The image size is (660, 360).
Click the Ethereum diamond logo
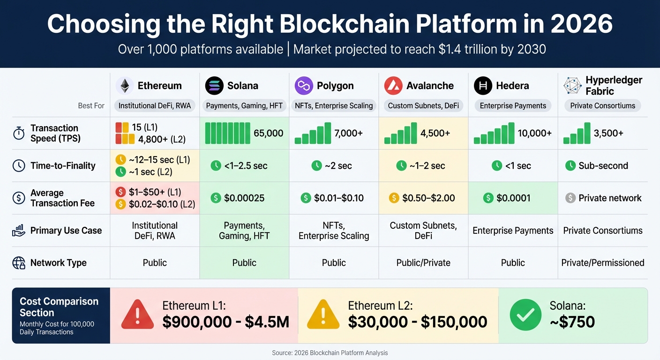click(x=125, y=86)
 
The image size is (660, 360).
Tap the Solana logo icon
click(x=214, y=86)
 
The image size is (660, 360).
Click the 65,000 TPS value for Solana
click(x=268, y=133)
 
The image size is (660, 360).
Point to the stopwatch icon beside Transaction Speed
click(x=19, y=134)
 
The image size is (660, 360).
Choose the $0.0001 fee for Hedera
click(x=513, y=198)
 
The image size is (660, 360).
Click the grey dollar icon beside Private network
click(x=570, y=198)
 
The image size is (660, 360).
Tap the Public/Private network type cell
click(x=423, y=263)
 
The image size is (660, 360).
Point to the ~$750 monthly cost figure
click(x=572, y=322)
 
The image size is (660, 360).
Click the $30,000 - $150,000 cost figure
click(x=418, y=322)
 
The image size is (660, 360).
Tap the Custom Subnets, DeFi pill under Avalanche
click(x=423, y=106)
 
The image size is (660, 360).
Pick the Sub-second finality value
click(x=603, y=165)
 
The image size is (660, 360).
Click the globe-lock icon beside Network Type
click(x=19, y=263)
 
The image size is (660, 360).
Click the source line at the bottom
click(x=330, y=352)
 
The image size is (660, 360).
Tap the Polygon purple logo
click(x=304, y=86)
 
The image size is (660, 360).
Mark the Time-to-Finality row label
click(x=63, y=165)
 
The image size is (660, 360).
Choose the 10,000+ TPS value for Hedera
click(x=534, y=133)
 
